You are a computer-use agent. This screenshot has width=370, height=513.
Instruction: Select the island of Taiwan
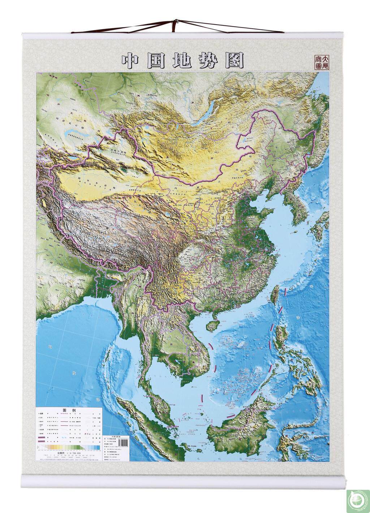[276, 295]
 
